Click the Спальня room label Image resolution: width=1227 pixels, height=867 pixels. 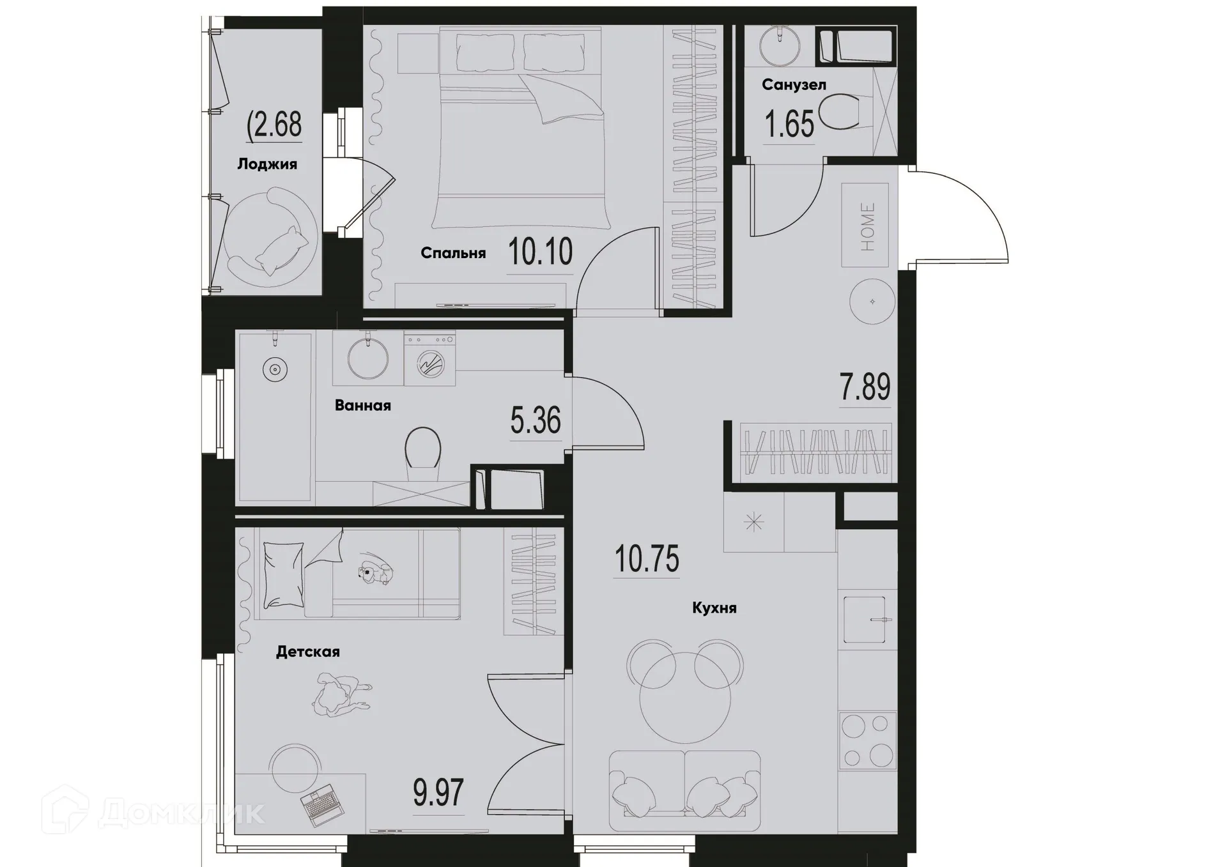coord(453,253)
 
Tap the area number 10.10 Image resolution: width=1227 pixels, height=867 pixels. coord(541,252)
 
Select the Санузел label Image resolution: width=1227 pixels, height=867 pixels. coord(794,84)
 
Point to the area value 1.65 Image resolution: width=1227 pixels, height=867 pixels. coord(790,124)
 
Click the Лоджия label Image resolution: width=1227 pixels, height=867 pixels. coord(267,164)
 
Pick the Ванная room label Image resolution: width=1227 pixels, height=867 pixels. coord(362,405)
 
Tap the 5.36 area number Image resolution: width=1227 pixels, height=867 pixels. coord(536,420)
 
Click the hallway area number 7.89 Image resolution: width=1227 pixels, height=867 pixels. coord(865,387)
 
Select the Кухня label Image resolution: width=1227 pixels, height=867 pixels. coord(714,608)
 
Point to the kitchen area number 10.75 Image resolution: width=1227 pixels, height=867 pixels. coord(647,558)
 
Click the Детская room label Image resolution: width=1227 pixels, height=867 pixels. coord(308,652)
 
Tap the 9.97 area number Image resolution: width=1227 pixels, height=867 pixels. coord(438,794)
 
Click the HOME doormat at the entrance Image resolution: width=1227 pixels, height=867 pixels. coord(865,226)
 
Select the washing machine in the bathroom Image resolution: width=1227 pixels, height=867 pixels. coord(429,361)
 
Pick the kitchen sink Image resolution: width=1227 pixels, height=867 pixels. coord(865,619)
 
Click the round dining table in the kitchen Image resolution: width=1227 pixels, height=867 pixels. coord(684,698)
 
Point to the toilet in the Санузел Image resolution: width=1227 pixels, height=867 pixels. coord(840,112)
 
